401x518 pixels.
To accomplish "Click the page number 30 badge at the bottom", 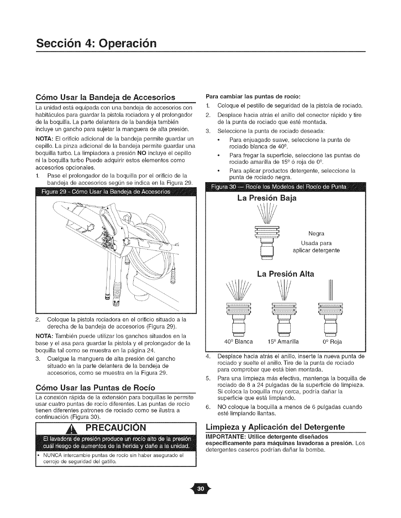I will pos(201,489).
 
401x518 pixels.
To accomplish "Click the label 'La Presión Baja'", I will pos(266,198).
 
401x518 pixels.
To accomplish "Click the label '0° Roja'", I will pos(331,342).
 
